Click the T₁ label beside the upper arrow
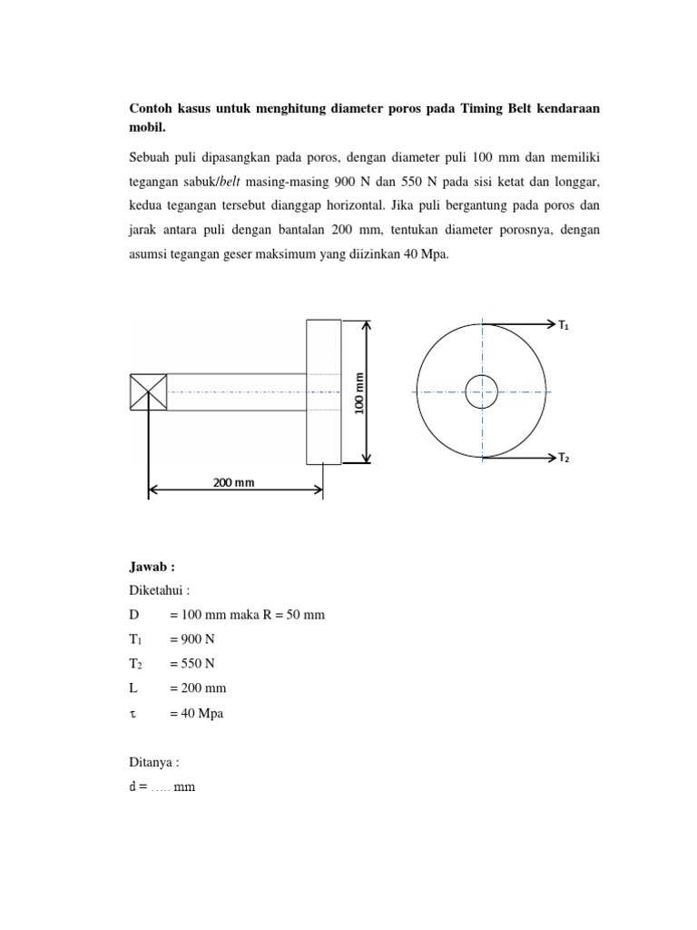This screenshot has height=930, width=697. tap(564, 324)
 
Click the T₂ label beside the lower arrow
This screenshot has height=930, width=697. tap(564, 459)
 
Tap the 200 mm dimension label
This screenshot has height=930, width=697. tap(234, 482)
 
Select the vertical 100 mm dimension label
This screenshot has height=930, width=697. tap(359, 392)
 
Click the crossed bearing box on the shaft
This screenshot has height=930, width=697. tap(148, 391)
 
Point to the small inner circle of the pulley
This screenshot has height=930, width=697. tap(481, 391)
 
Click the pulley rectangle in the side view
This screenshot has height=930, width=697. tap(324, 391)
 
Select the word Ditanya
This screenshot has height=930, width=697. tap(154, 763)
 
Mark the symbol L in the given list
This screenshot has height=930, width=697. tap(134, 689)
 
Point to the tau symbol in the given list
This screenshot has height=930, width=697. tap(133, 715)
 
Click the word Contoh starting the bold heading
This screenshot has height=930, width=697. tap(152, 109)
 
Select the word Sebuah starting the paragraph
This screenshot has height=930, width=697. tap(152, 160)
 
